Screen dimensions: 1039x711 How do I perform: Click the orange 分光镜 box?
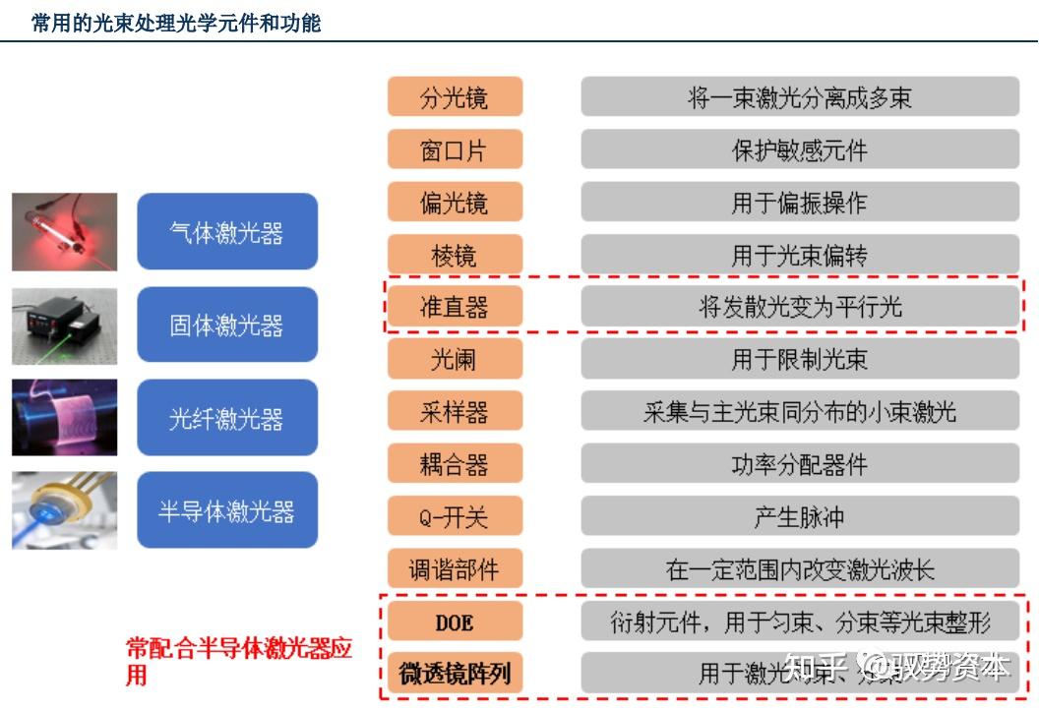[x=455, y=97]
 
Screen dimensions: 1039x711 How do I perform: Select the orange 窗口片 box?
[x=455, y=149]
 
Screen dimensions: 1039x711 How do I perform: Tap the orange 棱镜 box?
[x=455, y=255]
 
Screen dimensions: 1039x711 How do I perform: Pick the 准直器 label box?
[x=455, y=307]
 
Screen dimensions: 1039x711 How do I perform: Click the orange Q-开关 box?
[x=455, y=515]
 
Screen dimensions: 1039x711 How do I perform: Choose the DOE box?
[x=455, y=621]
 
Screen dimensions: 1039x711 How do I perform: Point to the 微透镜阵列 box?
[x=455, y=673]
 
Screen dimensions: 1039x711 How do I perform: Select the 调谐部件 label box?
[x=455, y=568]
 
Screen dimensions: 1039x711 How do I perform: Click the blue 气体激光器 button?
[x=227, y=232]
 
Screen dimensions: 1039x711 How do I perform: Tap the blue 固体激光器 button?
[x=227, y=325]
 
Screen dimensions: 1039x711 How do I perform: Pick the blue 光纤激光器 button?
[x=227, y=418]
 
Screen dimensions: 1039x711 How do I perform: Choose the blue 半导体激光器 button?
[x=227, y=510]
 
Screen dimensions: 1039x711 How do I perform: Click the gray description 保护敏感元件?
[x=799, y=149]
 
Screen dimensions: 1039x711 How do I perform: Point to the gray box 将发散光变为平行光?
[x=799, y=307]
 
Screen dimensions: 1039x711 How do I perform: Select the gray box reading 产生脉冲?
[x=799, y=515]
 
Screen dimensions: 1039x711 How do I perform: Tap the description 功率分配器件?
[x=799, y=464]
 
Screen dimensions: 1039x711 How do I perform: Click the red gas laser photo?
[x=65, y=232]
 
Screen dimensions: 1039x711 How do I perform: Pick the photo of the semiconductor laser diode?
[x=65, y=510]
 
